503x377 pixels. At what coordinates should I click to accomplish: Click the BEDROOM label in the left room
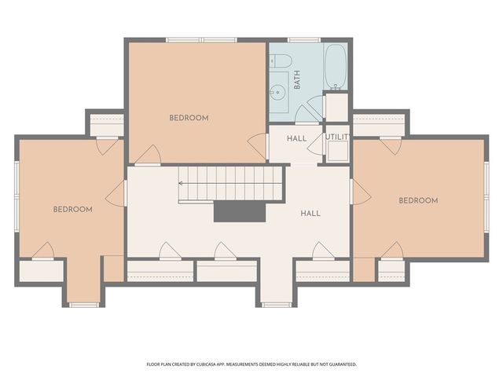tap(73, 210)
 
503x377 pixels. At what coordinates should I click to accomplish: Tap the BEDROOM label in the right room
tap(417, 201)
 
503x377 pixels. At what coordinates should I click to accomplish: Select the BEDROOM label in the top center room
tap(189, 119)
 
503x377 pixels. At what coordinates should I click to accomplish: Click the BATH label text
tap(297, 81)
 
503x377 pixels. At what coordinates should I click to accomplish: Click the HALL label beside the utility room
tap(296, 139)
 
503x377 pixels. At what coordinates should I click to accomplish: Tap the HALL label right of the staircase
tap(310, 214)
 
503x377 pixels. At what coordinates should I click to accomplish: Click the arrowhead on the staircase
tap(182, 183)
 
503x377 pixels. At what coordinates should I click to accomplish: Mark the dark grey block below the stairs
tap(240, 211)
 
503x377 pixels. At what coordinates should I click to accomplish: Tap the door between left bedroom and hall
tap(116, 193)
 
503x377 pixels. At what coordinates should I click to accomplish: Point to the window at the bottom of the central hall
tap(276, 303)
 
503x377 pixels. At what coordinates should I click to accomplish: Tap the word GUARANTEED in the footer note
tap(340, 364)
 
